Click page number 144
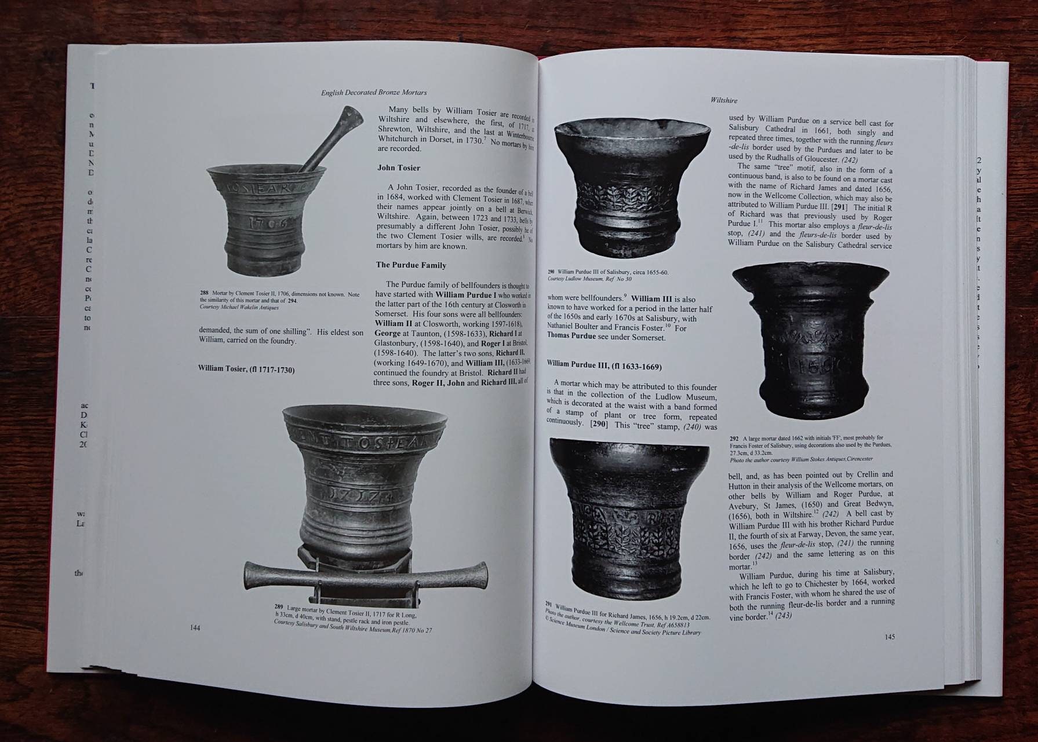coord(195,628)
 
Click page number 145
coord(890,637)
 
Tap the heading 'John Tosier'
coord(399,168)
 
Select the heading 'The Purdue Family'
coord(411,265)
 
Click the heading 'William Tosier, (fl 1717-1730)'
coord(246,369)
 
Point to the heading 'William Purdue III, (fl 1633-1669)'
coord(604,367)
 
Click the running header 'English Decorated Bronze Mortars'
coord(374,92)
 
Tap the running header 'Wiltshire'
coord(724,100)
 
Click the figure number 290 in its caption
coord(551,272)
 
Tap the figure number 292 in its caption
coord(734,438)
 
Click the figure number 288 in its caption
coord(204,294)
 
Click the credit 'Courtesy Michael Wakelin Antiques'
coord(231,308)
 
